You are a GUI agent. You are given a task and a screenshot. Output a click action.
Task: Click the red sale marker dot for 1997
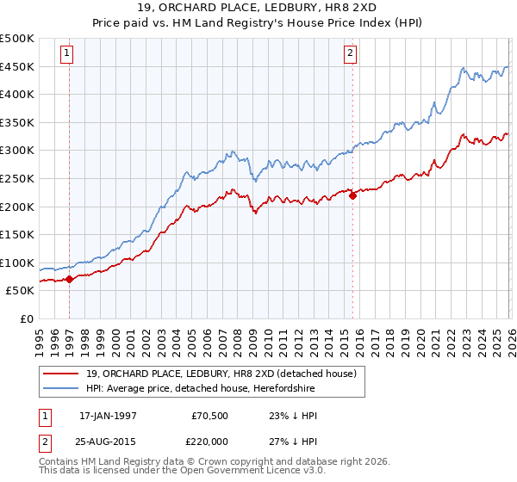[69, 279]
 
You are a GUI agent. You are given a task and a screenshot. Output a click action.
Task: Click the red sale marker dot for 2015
[352, 195]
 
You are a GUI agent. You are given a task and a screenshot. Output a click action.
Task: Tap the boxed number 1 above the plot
[67, 54]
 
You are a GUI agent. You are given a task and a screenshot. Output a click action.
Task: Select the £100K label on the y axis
[17, 263]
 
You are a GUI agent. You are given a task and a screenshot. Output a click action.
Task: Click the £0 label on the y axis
[27, 318]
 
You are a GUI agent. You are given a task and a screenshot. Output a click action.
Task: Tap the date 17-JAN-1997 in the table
[108, 416]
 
